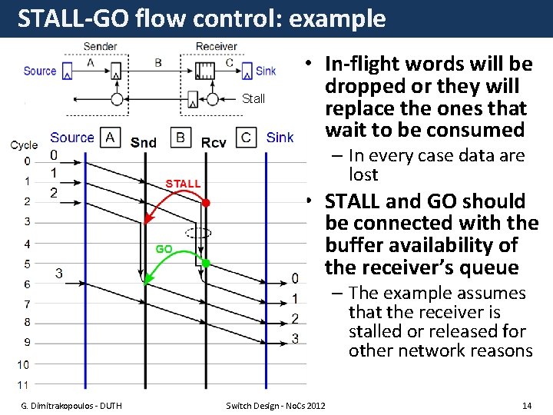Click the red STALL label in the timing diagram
point(183,184)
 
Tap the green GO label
point(164,248)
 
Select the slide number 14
point(526,405)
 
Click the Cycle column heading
point(24,144)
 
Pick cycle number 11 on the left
point(24,384)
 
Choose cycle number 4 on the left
point(27,244)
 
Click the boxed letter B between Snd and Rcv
point(180,138)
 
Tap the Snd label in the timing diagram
point(144,141)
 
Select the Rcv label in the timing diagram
point(214,142)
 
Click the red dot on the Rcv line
point(206,202)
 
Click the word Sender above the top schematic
point(100,46)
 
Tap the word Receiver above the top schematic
point(217,46)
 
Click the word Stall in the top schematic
point(253,98)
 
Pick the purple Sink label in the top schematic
point(266,71)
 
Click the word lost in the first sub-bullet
point(363,174)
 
